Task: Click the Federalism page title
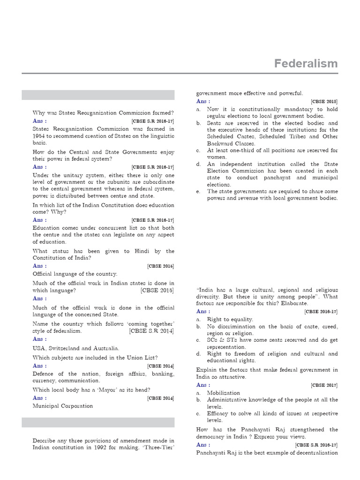(306, 64)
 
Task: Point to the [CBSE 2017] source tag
(324, 385)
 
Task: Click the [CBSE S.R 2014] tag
(151, 331)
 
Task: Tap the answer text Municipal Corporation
(63, 406)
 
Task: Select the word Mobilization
(224, 393)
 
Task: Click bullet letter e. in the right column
(199, 191)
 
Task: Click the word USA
(39, 348)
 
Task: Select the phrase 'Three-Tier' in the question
(157, 447)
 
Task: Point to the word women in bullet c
(217, 157)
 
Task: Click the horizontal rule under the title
(180, 73)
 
